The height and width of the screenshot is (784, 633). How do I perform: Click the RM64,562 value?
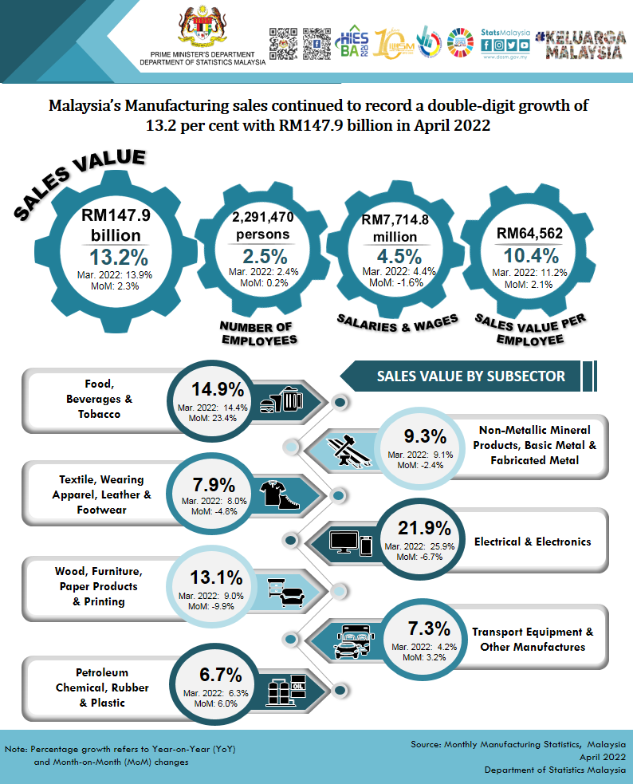click(x=530, y=233)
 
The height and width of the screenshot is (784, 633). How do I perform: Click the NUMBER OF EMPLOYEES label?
click(x=257, y=333)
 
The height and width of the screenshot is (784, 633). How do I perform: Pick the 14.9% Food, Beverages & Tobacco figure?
click(x=217, y=389)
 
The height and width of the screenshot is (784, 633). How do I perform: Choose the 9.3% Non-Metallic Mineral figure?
click(x=419, y=435)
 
